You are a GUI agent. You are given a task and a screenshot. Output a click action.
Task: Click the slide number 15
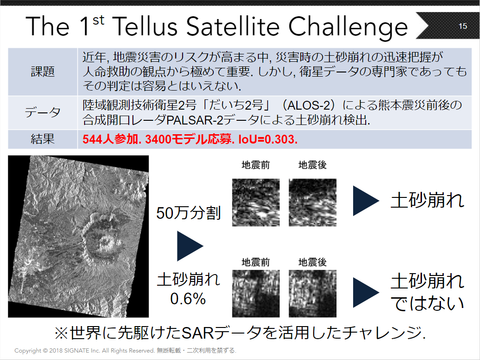click(462, 26)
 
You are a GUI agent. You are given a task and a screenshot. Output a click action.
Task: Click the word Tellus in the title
click(145, 26)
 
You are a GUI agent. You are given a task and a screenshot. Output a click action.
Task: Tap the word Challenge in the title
click(348, 27)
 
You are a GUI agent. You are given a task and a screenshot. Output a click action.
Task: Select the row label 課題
click(43, 72)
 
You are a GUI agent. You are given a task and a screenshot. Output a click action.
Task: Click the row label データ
click(43, 112)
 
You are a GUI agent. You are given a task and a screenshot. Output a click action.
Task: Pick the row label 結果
click(43, 139)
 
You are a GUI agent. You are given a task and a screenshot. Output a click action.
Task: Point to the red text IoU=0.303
click(268, 139)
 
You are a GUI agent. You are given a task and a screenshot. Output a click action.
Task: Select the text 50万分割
click(188, 213)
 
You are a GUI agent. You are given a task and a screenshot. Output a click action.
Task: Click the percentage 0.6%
click(188, 299)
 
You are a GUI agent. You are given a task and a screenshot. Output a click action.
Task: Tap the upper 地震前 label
click(256, 165)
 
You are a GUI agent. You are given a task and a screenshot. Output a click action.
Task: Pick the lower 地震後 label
click(312, 262)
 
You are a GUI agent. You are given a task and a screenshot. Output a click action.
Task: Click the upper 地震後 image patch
click(313, 203)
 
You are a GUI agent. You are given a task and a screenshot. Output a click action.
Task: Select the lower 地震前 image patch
click(256, 294)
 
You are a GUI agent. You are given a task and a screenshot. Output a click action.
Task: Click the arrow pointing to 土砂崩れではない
click(366, 292)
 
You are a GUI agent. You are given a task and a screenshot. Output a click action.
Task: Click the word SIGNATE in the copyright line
click(77, 351)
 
